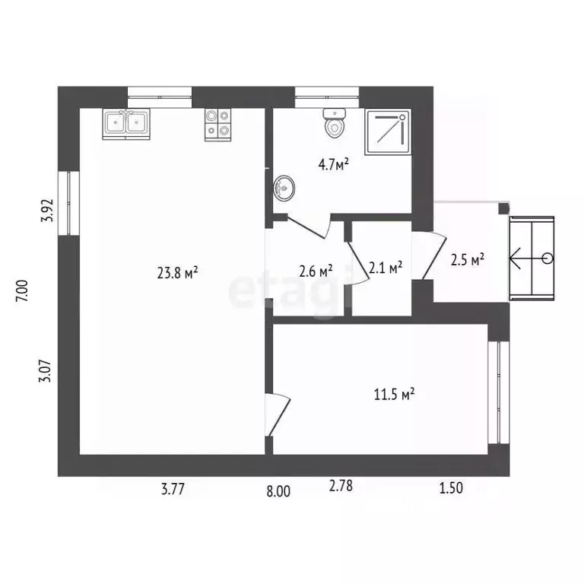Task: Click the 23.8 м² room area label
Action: coord(178,273)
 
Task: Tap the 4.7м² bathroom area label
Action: coord(334,164)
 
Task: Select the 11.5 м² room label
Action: coord(395,394)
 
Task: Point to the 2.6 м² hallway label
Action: coord(316,271)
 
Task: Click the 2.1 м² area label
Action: coord(385,267)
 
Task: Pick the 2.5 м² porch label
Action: coord(468,259)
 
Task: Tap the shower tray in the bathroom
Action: coord(388,132)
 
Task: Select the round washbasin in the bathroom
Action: coord(284,188)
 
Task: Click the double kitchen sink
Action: coord(126,124)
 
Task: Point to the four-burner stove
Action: coord(217,125)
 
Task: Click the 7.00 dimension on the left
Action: coord(22,291)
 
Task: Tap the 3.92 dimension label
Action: coord(47,211)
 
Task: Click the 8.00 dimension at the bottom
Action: coord(278,492)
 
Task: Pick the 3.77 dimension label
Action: coord(173,489)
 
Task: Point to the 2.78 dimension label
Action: coord(341,486)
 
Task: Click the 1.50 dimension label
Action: coord(451,488)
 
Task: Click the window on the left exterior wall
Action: coord(69,203)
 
